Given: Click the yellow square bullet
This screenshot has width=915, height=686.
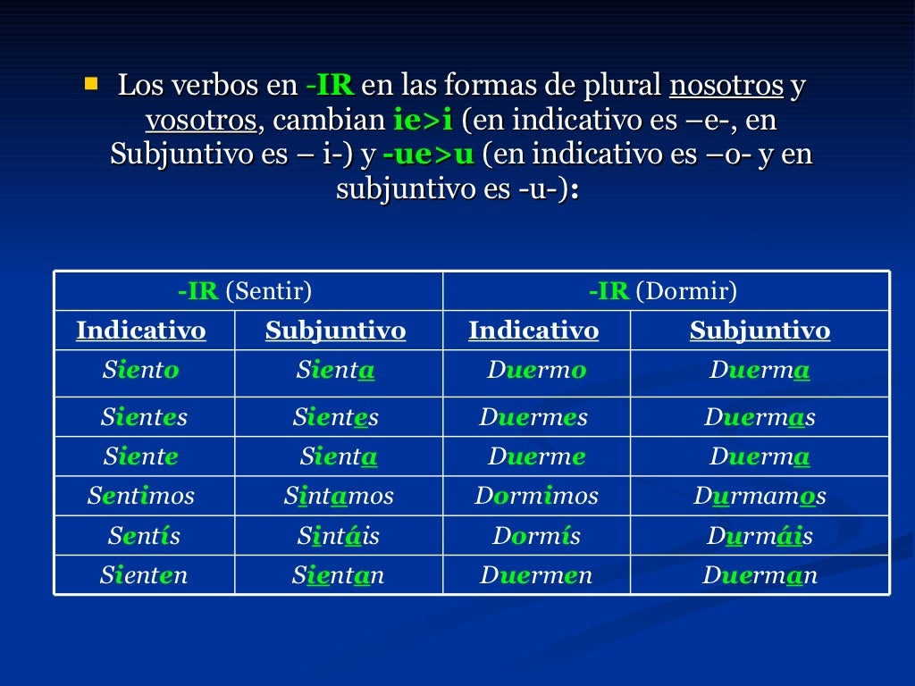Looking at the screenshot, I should point(90,85).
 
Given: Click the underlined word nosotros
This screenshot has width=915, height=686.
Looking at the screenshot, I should point(726,87).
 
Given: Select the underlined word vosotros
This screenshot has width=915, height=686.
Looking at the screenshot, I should point(202,121).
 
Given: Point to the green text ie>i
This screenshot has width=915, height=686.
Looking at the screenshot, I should point(423,121).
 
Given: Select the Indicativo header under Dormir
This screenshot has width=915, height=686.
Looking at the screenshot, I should point(533,330).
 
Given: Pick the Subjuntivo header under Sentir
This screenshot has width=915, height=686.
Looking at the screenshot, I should point(335,330).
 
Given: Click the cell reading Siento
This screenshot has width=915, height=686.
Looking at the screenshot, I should point(140,371).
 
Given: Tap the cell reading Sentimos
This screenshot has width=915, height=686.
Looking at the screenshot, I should point(140,496).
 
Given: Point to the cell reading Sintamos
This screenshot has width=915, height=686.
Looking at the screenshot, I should point(338,496).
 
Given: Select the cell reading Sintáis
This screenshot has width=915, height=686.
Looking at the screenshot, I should point(338,536).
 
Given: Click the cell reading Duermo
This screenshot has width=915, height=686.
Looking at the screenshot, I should point(536,371).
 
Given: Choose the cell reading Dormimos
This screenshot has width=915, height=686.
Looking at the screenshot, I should point(536,496).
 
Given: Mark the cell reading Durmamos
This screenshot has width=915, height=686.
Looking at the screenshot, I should point(760,496).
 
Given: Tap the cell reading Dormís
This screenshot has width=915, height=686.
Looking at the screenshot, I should point(536,536).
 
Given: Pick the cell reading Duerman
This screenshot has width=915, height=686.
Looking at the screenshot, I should point(760,576).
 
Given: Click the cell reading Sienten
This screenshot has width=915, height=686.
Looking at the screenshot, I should point(144,576).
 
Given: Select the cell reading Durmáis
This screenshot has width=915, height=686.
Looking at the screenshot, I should point(760,536).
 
